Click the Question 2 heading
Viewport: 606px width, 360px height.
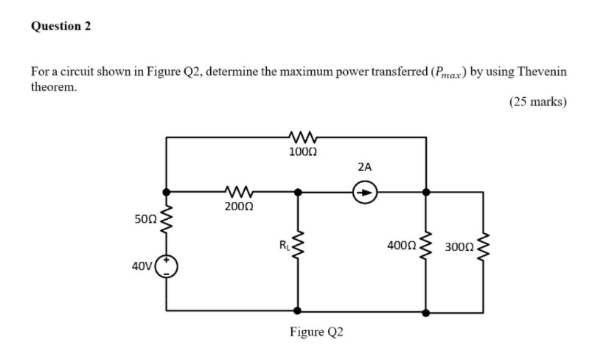(61, 27)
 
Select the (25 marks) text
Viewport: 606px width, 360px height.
(537, 103)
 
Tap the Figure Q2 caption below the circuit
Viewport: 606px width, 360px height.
(316, 332)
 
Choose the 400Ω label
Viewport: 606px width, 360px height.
(401, 244)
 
